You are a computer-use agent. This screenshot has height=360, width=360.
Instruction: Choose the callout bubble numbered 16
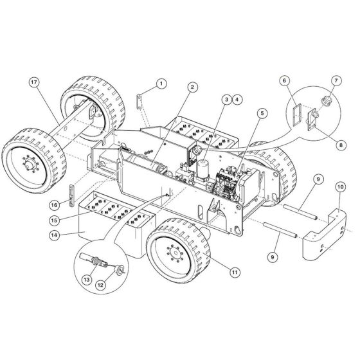tap(55, 204)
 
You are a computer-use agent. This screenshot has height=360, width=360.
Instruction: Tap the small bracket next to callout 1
tap(139, 102)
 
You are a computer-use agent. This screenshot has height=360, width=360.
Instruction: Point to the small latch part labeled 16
tap(72, 194)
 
